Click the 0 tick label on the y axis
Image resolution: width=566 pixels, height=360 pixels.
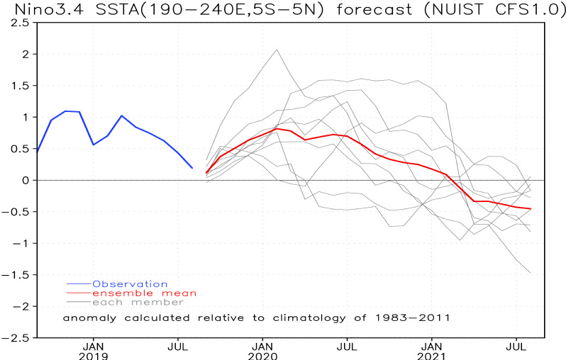[x=25, y=180]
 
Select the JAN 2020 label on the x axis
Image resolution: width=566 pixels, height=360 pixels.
[x=264, y=351]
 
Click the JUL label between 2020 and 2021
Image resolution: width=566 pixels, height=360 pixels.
[x=347, y=346]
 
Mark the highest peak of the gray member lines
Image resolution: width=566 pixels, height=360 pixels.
[x=277, y=50]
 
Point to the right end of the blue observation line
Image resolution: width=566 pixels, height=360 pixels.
[x=192, y=168]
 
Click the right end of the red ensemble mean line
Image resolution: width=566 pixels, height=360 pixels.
[x=531, y=209]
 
